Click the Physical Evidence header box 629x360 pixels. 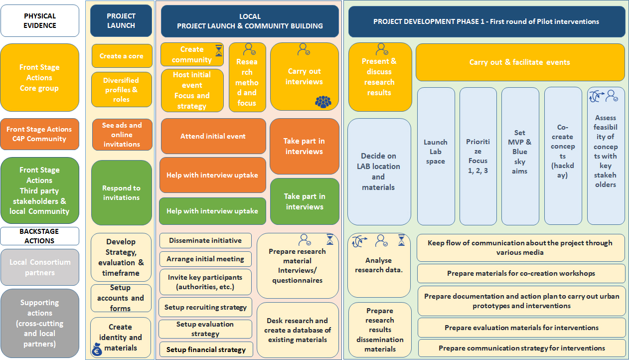pos(40,20)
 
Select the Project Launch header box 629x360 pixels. pos(121,20)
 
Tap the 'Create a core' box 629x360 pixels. pos(122,56)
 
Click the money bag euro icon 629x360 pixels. pos(97,351)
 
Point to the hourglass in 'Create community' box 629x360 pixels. pos(219,50)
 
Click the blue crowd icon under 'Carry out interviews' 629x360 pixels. pos(323,101)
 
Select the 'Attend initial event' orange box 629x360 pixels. pos(213,136)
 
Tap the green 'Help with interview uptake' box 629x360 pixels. pos(212,211)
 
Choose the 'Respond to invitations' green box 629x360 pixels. pos(122,192)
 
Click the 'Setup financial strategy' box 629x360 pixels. pos(206,350)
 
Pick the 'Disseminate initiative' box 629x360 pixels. pos(205,240)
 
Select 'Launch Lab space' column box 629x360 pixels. pos(436,156)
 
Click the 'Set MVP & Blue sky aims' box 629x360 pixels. pos(520,156)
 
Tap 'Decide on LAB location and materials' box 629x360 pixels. pos(378,172)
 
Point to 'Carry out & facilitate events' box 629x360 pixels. pos(520,62)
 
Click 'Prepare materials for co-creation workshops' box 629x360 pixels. pos(521,273)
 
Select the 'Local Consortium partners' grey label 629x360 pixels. pos(40,267)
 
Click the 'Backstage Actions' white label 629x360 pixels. pos(40,236)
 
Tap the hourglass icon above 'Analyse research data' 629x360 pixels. pos(401,240)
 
